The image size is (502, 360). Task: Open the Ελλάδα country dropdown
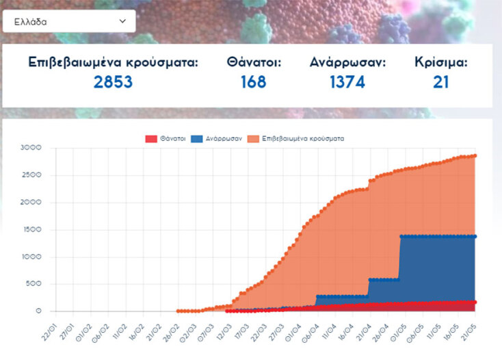coord(68,21)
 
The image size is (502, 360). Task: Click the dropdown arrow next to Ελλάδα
coord(122,21)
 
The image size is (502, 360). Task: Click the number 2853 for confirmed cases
coord(113,82)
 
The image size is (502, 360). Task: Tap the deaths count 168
coord(253,82)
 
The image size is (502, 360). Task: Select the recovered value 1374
coord(347,82)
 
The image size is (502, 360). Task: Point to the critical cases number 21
coord(441,82)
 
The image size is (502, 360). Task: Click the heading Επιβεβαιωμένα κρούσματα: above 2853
coord(113,62)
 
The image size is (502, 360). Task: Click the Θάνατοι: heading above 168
coord(254,62)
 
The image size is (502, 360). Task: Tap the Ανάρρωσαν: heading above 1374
coord(347,62)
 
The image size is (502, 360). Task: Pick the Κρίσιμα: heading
coord(441,62)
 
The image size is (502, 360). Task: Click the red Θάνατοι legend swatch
coord(151,138)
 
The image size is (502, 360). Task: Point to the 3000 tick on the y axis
coord(31,148)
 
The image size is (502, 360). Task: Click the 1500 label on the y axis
coord(31,230)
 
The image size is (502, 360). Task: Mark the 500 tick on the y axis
coord(34,285)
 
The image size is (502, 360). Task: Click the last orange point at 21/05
coord(475,155)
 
